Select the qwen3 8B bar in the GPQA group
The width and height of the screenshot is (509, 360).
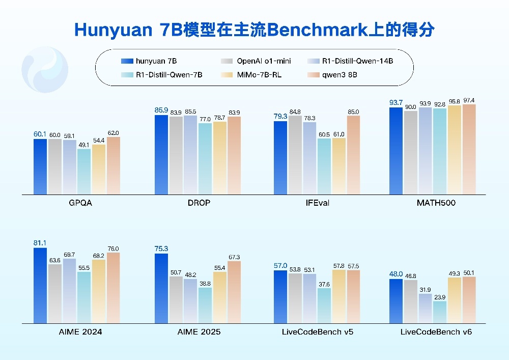[x=114, y=166]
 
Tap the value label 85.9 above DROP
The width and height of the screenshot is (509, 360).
[x=161, y=109]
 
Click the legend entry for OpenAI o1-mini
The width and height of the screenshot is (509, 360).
[x=264, y=61]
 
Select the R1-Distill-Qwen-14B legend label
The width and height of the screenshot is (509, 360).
[x=357, y=61]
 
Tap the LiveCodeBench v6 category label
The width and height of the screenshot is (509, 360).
[x=436, y=332]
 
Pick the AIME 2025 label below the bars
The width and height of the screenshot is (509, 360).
[x=199, y=332]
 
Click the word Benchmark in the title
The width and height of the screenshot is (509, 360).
[x=312, y=30]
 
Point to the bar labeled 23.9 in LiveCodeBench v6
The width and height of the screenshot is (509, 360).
[x=440, y=312]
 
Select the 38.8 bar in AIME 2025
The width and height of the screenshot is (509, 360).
[x=205, y=306]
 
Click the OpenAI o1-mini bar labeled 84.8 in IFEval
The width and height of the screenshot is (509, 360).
[x=295, y=155]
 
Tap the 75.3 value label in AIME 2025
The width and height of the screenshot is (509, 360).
[x=161, y=248]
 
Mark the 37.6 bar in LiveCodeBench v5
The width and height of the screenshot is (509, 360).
[x=324, y=306]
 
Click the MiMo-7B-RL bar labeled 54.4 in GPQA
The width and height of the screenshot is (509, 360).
[x=99, y=170]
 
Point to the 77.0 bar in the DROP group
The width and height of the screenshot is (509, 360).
[x=205, y=159]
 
